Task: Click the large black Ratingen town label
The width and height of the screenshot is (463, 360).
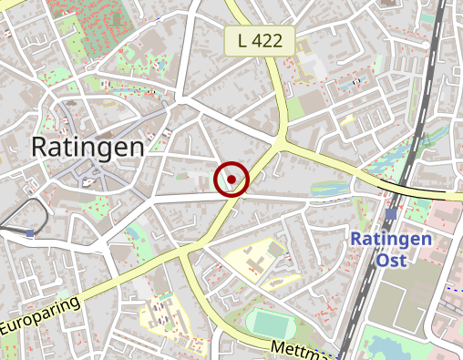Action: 87,147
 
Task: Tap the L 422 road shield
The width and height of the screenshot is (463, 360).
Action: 261,40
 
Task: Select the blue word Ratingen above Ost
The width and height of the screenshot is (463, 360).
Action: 391,240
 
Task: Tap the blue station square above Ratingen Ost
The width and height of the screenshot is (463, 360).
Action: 392,213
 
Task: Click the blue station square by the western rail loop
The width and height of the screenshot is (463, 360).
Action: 30,233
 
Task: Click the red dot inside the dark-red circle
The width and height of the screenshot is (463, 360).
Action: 232,180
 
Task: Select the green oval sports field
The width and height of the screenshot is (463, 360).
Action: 270,323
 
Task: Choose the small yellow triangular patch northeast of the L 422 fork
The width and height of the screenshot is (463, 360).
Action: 346,118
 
